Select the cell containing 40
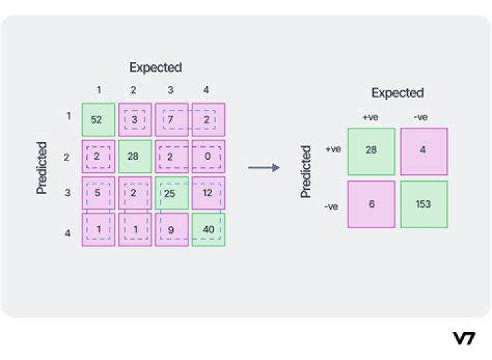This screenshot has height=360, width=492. click(208, 230)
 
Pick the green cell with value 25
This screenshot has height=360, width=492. click(172, 193)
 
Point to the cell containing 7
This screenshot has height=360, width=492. click(172, 120)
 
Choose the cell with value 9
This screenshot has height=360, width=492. click(172, 230)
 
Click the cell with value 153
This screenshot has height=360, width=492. click(424, 204)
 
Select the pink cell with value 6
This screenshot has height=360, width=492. click(371, 204)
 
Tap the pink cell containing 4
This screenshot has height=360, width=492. click(424, 151)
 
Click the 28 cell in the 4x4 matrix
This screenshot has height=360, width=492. click(135, 156)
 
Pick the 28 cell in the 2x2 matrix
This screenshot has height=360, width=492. click(371, 151)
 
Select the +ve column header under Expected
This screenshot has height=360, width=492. click(370, 117)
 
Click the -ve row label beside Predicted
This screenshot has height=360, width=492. click(332, 204)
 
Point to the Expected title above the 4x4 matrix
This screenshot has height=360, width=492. click(156, 67)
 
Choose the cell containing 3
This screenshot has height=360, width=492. click(135, 120)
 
